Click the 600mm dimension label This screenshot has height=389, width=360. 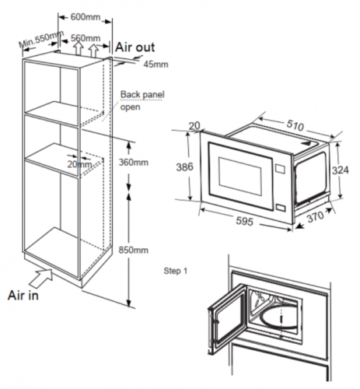86,17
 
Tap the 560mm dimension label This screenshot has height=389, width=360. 86,38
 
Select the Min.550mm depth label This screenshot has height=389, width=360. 41,39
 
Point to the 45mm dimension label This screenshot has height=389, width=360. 156,65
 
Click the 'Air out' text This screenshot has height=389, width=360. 135,47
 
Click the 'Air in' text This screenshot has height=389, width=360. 23,296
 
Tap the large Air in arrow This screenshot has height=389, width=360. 41,278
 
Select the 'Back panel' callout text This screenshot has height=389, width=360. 142,94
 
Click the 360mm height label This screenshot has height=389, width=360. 134,163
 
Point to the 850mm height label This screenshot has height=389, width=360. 134,250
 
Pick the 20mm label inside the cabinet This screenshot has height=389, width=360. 79,164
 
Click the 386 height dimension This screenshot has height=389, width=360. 184,167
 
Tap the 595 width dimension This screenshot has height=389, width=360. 244,221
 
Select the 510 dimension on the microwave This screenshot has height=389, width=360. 295,125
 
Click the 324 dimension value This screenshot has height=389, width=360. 341,170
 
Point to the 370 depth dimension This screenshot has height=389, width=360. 316,217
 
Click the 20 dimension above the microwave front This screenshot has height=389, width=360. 194,126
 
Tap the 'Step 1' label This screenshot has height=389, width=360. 176,271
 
